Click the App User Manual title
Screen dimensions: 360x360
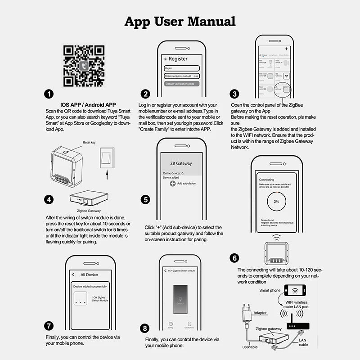pyautogui.click(x=180, y=21)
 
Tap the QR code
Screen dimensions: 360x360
pyautogui.click(x=84, y=66)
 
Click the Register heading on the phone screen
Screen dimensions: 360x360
pyautogui.click(x=176, y=59)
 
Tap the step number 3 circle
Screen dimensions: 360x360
pyautogui.click(x=234, y=94)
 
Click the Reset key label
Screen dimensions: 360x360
pyautogui.click(x=89, y=142)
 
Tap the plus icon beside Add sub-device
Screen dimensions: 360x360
pyautogui.click(x=172, y=184)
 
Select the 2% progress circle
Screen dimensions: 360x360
pyautogui.click(x=276, y=201)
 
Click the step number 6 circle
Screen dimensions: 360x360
pyautogui.click(x=234, y=258)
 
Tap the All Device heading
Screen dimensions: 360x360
pyautogui.click(x=89, y=274)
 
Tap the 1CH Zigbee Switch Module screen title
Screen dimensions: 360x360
pyautogui.click(x=181, y=270)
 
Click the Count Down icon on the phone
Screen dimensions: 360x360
pyautogui.click(x=190, y=324)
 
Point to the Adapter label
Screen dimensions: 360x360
pyautogui.click(x=260, y=312)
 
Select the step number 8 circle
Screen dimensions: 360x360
pyautogui.click(x=144, y=328)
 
